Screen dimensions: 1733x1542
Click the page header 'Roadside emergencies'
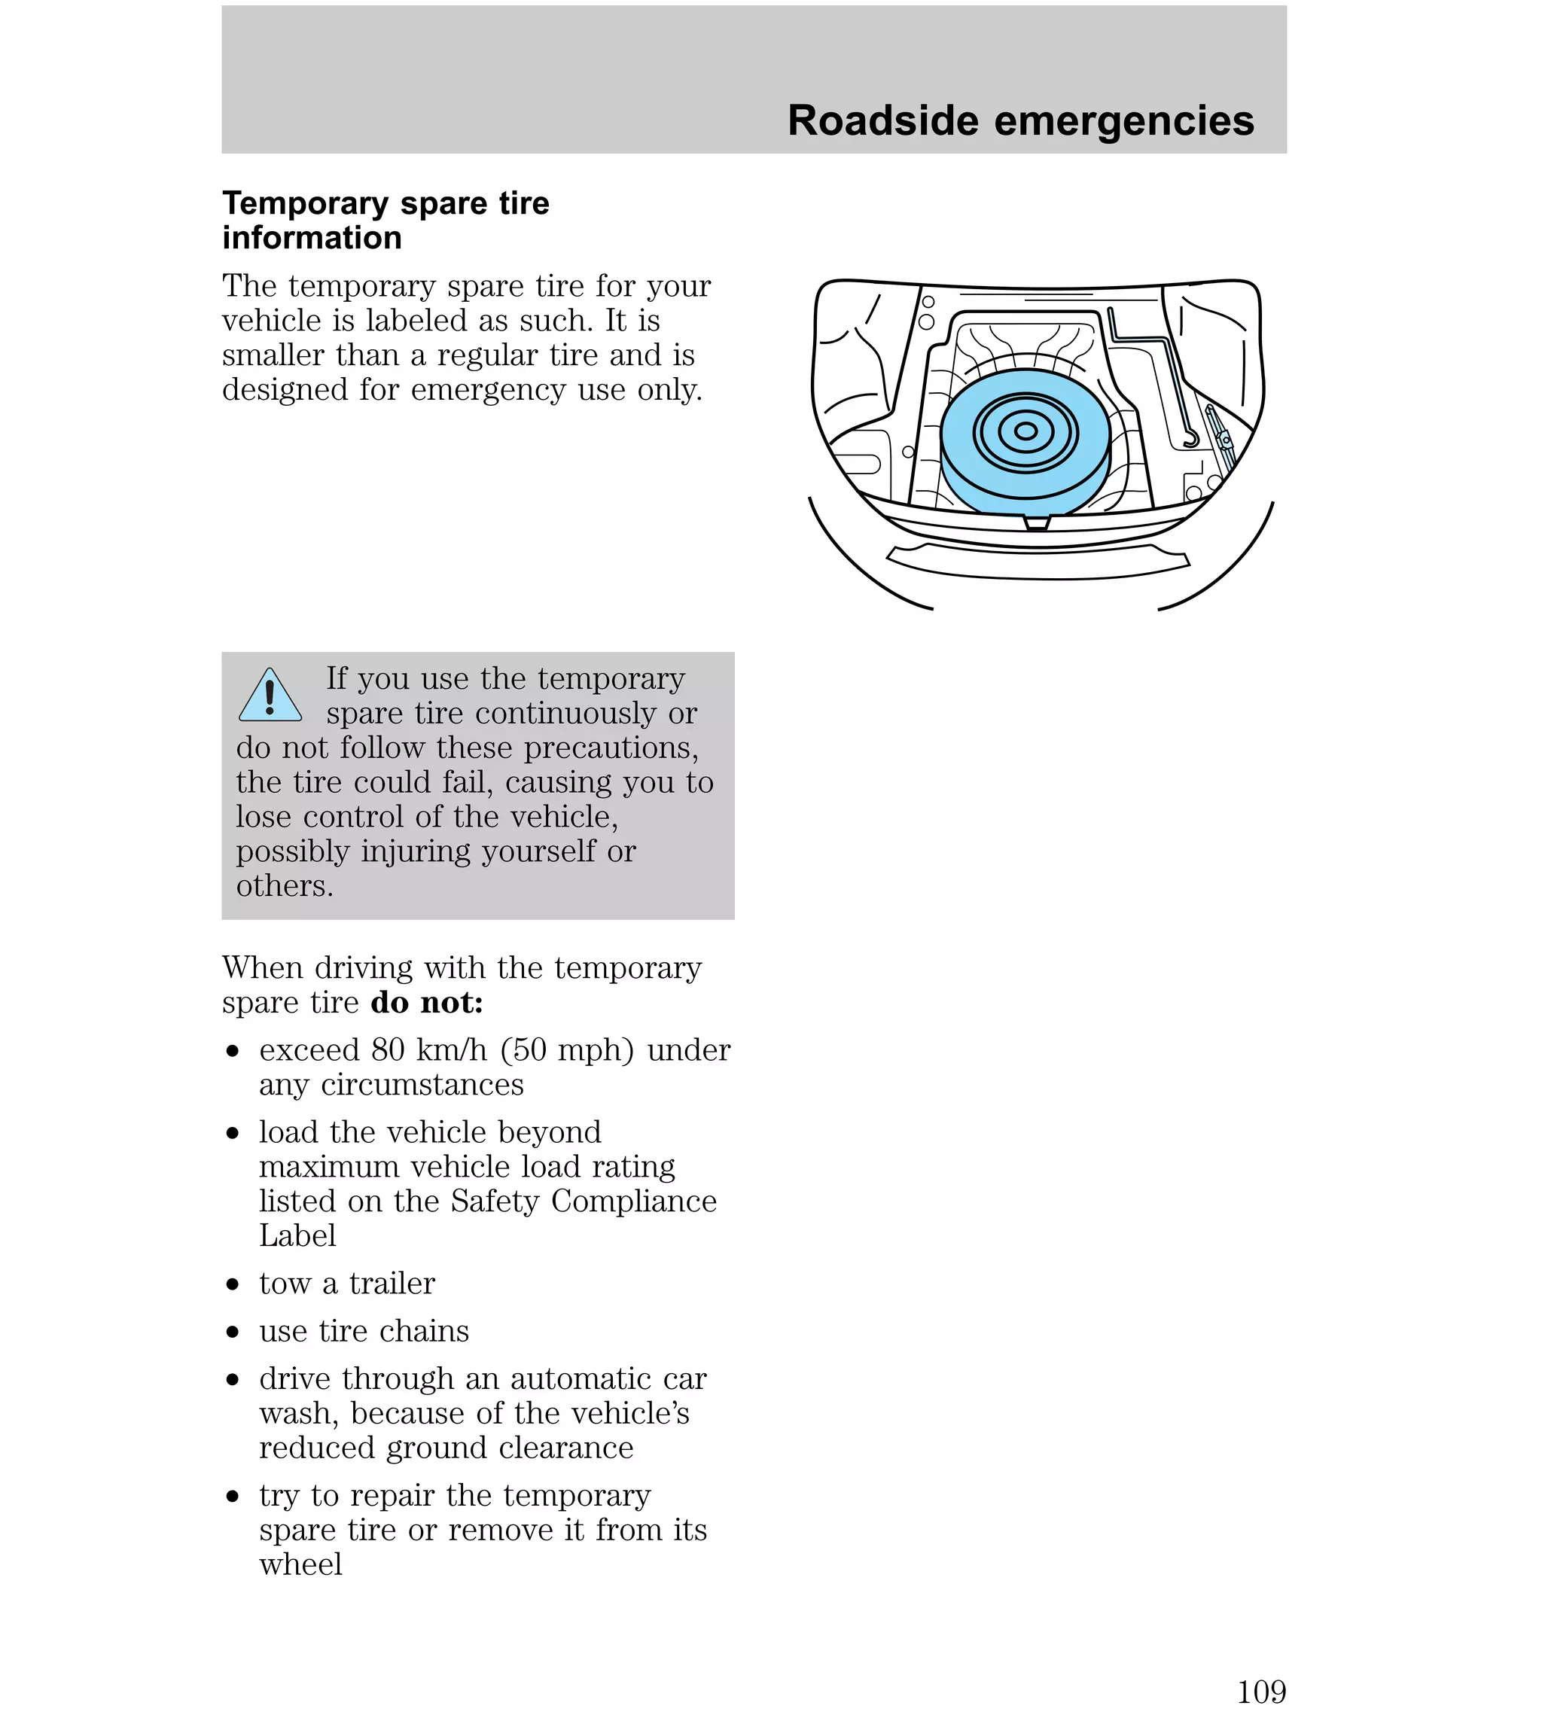[1020, 120]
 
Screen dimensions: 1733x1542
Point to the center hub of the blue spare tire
[1025, 431]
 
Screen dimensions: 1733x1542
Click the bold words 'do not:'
[427, 1003]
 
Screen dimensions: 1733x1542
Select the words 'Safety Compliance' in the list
[583, 1202]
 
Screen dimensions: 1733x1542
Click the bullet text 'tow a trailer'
[347, 1284]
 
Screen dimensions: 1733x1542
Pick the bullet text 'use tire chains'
[364, 1331]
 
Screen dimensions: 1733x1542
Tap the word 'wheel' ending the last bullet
[300, 1564]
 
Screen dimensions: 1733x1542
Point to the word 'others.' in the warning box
[284, 886]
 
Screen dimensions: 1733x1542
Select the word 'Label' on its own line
[297, 1236]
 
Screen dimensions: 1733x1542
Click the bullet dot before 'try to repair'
[233, 1497]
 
